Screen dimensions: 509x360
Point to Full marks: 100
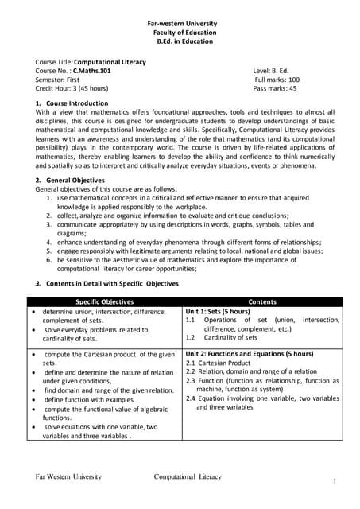pos(277,80)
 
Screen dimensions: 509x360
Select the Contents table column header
pos(262,301)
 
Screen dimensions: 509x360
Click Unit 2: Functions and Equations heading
pos(249,352)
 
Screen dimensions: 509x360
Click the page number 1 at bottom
pos(335,481)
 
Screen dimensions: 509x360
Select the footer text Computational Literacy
pos(188,476)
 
